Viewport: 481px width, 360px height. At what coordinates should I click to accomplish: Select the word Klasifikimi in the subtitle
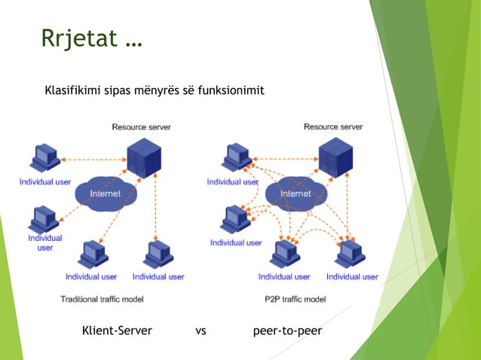click(x=73, y=91)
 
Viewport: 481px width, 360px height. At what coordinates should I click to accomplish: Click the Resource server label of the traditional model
click(x=141, y=127)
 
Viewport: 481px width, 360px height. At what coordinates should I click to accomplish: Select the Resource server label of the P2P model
click(x=332, y=127)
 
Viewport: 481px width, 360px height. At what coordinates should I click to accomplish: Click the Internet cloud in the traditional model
click(x=105, y=194)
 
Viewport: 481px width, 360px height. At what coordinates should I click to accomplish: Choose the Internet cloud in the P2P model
click(x=296, y=194)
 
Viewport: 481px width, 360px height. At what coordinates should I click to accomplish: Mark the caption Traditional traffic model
click(x=102, y=299)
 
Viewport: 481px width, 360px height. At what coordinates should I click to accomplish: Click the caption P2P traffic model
click(x=296, y=299)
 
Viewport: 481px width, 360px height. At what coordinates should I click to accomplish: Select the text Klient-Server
click(x=117, y=331)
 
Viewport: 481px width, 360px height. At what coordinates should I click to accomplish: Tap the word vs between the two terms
click(x=201, y=331)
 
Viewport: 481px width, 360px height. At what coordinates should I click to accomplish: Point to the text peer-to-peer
click(x=287, y=331)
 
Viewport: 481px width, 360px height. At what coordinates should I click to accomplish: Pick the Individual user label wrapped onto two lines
click(x=45, y=243)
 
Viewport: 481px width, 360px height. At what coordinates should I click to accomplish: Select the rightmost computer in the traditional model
click(x=158, y=254)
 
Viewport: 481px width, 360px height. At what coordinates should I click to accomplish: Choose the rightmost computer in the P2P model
click(x=351, y=254)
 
